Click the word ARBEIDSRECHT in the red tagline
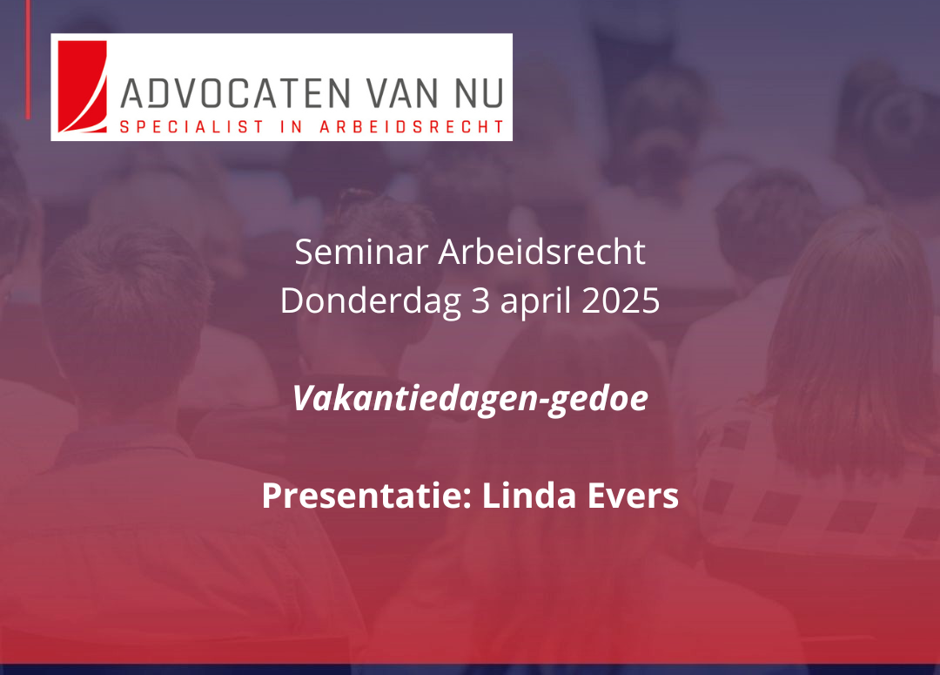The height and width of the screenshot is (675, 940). click(x=413, y=127)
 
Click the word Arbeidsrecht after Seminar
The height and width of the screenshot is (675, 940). click(x=541, y=253)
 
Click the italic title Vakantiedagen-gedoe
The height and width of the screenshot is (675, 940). click(x=470, y=399)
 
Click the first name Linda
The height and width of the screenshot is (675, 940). click(x=514, y=496)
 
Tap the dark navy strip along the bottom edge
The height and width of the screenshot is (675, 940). click(x=470, y=670)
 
